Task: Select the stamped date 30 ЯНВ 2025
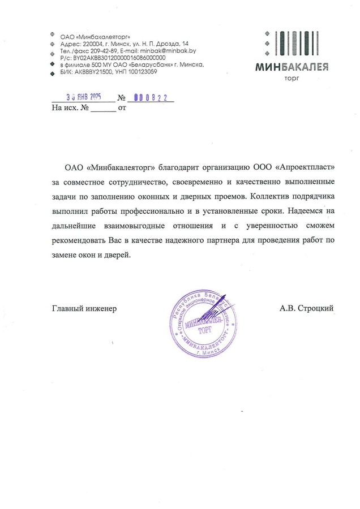click(x=79, y=97)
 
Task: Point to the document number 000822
click(x=151, y=97)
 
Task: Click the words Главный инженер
click(x=84, y=308)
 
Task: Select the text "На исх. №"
click(x=70, y=107)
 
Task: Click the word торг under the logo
click(x=292, y=79)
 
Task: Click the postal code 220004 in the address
click(x=91, y=44)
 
